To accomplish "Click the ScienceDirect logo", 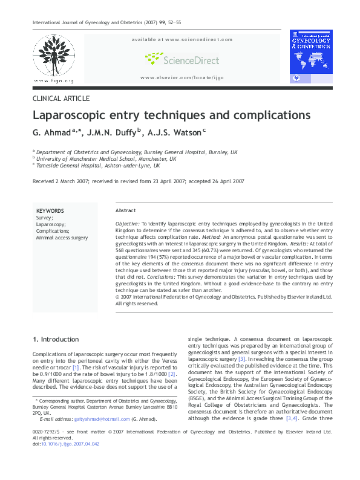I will pyautogui.click(x=181, y=58).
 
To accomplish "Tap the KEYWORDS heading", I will pyautogui.click(x=50, y=210).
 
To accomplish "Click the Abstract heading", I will pyautogui.click(x=125, y=210).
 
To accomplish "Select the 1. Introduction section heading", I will pyautogui.click(x=56, y=339).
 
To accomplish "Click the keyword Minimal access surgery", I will pyautogui.click(x=62, y=238).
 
